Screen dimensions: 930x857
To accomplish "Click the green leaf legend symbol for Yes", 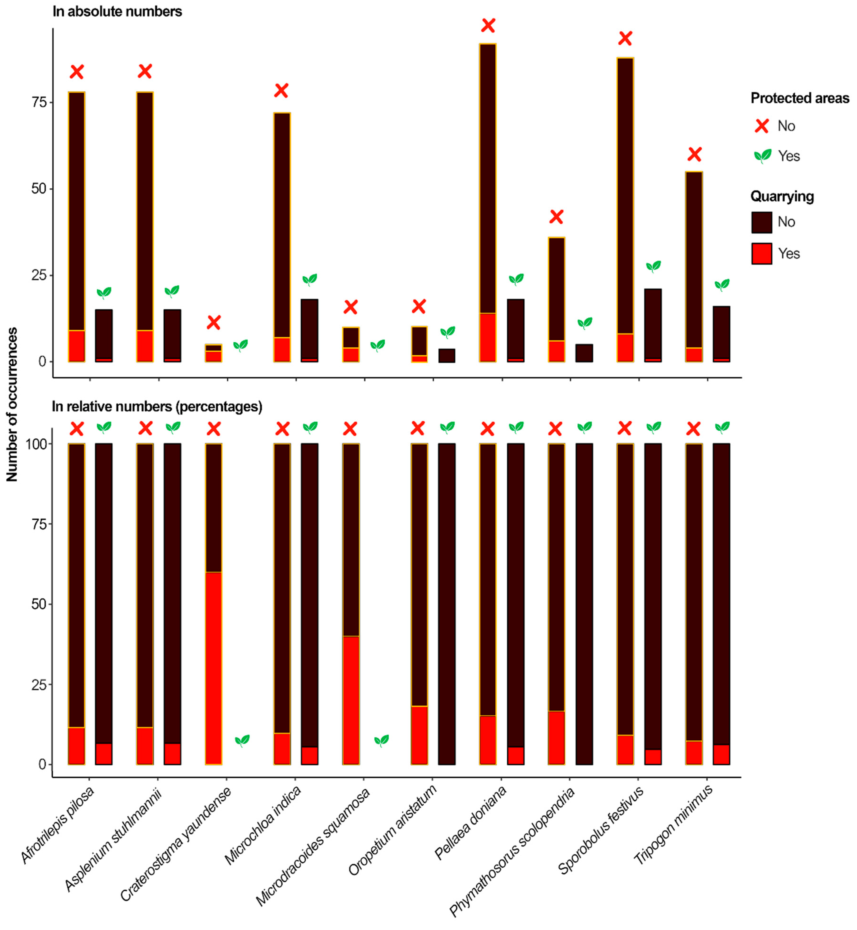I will [x=762, y=156].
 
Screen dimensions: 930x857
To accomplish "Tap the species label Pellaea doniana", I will [x=471, y=823].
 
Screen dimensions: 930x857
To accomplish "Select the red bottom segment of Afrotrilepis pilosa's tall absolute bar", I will [x=77, y=346].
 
